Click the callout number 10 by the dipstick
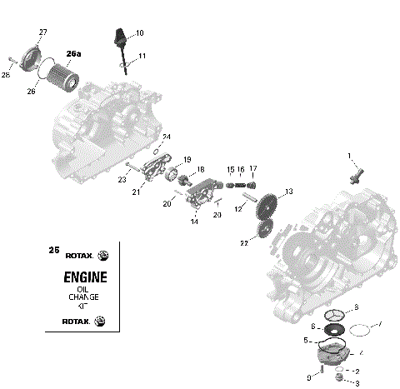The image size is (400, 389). (139, 32)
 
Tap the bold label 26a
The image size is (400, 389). (74, 54)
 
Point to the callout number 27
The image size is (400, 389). (43, 32)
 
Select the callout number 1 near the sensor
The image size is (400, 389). (350, 156)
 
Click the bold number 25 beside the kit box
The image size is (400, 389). (53, 249)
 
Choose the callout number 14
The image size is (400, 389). (195, 222)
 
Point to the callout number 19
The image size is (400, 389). (187, 159)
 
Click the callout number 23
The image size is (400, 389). (122, 179)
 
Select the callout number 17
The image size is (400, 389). (253, 169)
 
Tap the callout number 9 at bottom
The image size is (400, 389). (308, 377)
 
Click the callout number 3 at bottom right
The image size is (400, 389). (357, 383)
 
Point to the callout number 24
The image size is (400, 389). (167, 137)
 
